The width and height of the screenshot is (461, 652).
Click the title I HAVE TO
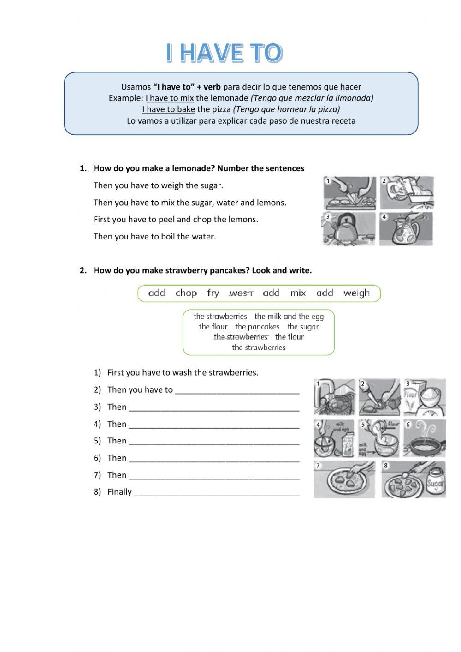[224, 53]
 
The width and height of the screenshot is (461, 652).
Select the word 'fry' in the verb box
[213, 293]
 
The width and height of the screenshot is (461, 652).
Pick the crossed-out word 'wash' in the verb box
[241, 293]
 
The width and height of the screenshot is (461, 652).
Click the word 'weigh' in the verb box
[356, 293]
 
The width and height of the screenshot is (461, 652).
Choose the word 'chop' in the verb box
[186, 293]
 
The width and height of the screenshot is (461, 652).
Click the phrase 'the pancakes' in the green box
[257, 327]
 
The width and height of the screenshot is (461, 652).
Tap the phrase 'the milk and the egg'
[289, 317]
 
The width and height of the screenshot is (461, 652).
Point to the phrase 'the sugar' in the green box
[303, 327]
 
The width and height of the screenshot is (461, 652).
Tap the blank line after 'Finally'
[217, 492]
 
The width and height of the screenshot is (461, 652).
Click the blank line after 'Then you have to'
[237, 390]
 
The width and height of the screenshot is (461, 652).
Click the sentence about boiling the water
[154, 237]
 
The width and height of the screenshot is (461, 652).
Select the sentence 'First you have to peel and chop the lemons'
[176, 220]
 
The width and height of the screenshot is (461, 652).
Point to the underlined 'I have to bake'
[168, 109]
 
